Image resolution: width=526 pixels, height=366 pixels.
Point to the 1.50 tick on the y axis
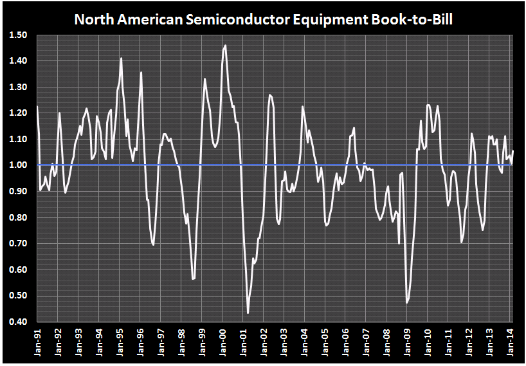coord(18,35)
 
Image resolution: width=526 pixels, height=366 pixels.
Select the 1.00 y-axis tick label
coord(18,165)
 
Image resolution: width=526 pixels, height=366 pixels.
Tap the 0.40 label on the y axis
coord(18,322)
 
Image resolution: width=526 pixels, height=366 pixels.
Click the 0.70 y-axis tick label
coord(18,244)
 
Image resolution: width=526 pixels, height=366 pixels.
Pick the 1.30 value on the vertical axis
coord(18,87)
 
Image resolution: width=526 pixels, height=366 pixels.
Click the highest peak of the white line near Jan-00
coord(225,45)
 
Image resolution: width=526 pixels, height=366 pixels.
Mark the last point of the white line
coord(513,151)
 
